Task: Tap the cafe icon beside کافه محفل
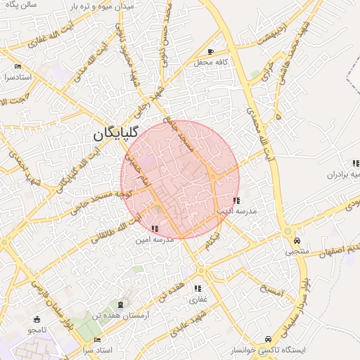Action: (211, 52)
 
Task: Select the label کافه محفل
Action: (213, 63)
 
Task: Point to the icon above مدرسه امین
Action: (155, 229)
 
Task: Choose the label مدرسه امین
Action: (155, 240)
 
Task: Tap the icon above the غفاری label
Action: (198, 288)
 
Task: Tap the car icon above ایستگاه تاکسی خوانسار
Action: (268, 338)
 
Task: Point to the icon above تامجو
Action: (37, 319)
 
